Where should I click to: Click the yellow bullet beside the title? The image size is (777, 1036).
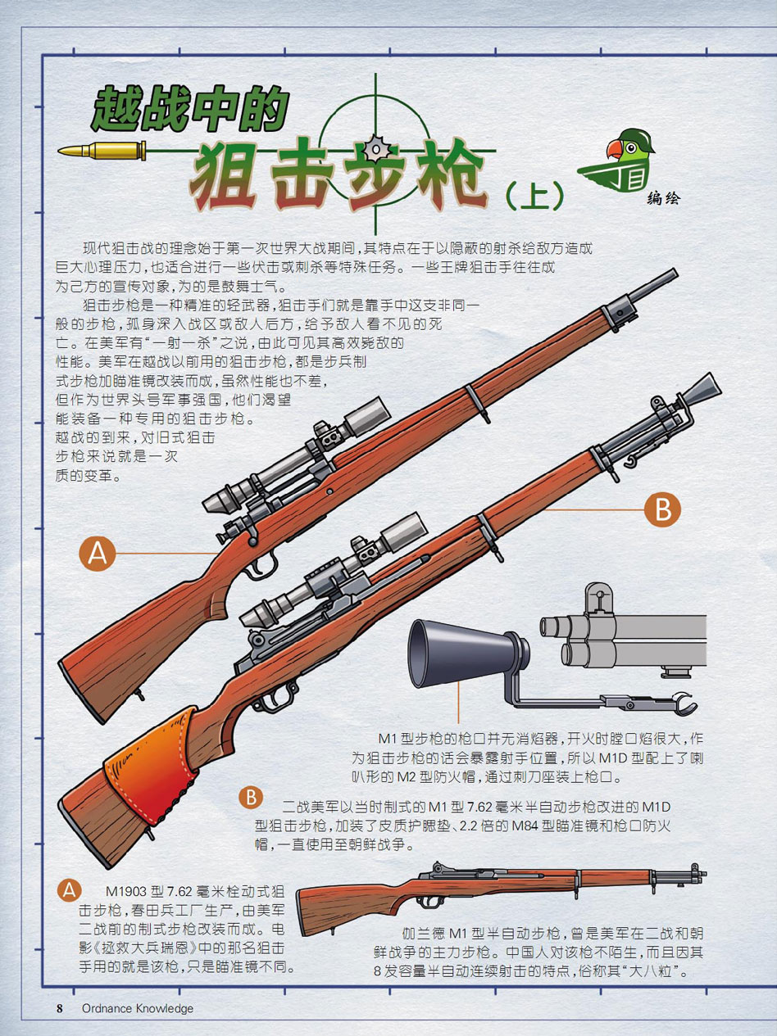point(102,151)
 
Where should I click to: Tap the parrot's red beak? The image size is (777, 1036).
point(615,149)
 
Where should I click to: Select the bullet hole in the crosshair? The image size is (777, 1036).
point(376,150)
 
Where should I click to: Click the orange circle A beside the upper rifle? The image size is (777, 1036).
point(98,553)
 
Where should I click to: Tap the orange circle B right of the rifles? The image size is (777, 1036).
point(662,509)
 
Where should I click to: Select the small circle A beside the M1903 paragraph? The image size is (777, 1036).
point(70,889)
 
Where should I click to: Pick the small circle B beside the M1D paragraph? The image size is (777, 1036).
point(251,797)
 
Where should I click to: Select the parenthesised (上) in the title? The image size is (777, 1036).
point(534,196)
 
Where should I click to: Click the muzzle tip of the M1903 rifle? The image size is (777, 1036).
point(674,273)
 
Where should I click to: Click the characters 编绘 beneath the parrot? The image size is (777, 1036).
point(664,199)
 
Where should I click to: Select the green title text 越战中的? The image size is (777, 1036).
point(190,109)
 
